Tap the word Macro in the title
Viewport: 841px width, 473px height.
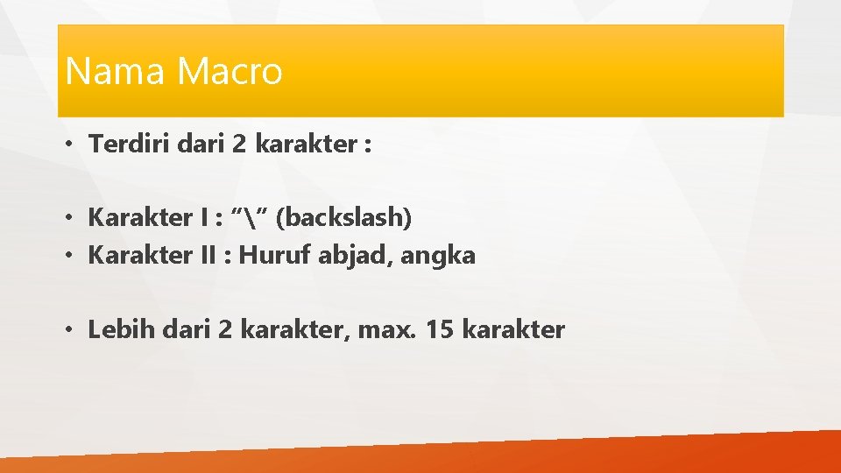[x=230, y=71]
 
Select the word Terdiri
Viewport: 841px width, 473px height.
[x=130, y=145]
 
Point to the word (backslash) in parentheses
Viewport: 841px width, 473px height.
[x=343, y=217]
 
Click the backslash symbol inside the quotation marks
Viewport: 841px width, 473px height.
[x=254, y=216]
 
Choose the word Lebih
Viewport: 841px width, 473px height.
[x=116, y=330]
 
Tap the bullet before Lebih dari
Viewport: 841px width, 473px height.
[x=70, y=330]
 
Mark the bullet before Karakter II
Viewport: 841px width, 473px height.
[x=70, y=256]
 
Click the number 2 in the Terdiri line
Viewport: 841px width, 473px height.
[x=239, y=145]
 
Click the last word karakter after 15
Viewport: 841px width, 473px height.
[x=512, y=330]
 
